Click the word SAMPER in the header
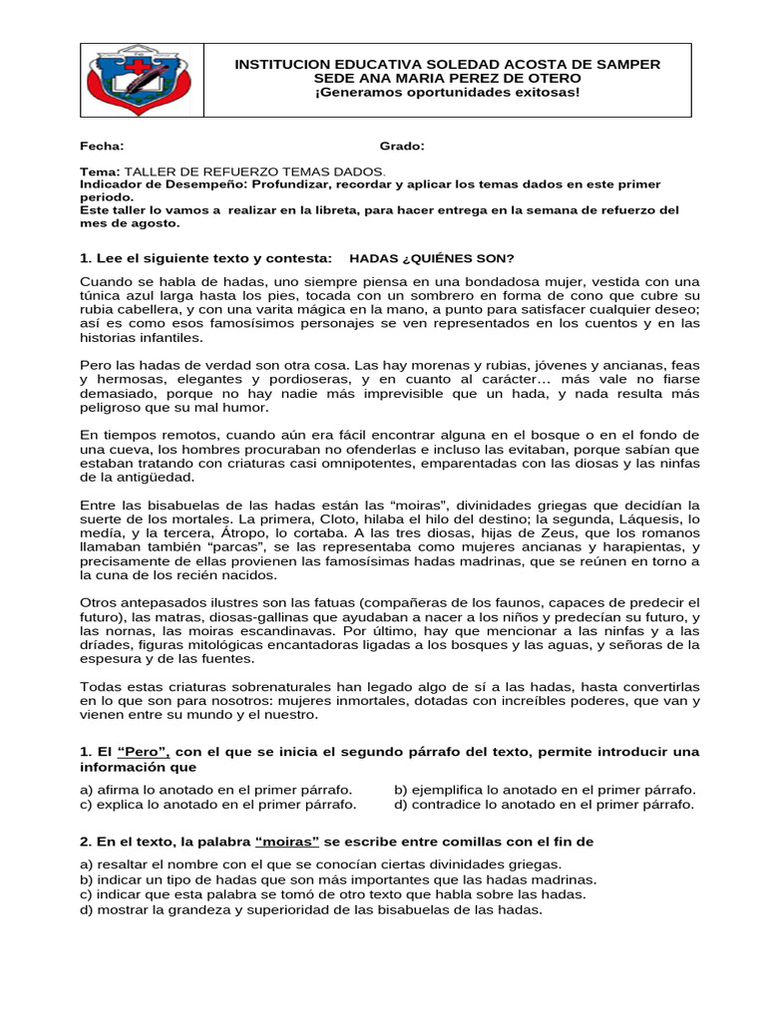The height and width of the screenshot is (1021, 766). [x=622, y=63]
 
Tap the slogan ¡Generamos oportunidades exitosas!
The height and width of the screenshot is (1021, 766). [x=447, y=92]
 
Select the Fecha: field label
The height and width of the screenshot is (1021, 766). [x=103, y=147]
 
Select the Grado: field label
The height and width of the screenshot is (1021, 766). [x=402, y=147]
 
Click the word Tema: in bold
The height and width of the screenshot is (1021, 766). [x=100, y=171]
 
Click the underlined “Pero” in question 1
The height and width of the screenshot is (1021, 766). [x=143, y=751]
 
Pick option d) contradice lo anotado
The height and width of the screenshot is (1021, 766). [x=544, y=804]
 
